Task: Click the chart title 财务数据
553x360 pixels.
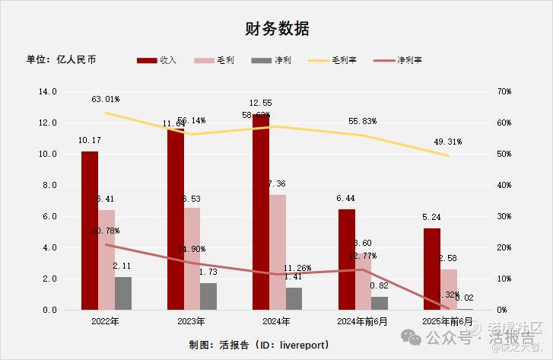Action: pyautogui.click(x=277, y=29)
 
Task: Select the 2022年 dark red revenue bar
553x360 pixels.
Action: pyautogui.click(x=90, y=228)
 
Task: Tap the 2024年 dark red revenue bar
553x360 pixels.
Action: pyautogui.click(x=261, y=213)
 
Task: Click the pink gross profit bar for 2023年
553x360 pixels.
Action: pyautogui.click(x=192, y=259)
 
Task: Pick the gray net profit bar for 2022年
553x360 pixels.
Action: pyautogui.click(x=123, y=293)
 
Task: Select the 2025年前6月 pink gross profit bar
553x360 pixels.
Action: pyautogui.click(x=449, y=289)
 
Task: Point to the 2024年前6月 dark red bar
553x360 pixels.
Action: pyautogui.click(x=347, y=259)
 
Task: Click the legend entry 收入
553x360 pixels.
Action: pyautogui.click(x=157, y=60)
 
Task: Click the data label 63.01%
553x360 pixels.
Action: pyautogui.click(x=105, y=99)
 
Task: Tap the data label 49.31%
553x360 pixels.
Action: pyautogui.click(x=448, y=142)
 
